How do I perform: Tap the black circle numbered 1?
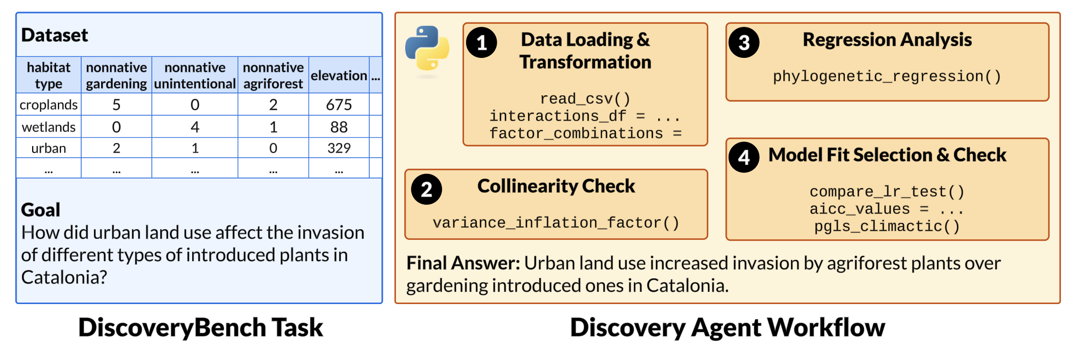[481, 43]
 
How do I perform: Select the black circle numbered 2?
[426, 189]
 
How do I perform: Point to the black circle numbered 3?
[744, 43]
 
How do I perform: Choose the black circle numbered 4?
[744, 157]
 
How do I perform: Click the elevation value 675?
[339, 105]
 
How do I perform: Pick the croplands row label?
[48, 105]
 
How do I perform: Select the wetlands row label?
[48, 127]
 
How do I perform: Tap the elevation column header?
[339, 75]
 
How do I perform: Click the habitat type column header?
[48, 75]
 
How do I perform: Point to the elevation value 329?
[339, 148]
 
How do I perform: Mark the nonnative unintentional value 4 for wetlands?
[195, 127]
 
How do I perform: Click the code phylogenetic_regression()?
[887, 76]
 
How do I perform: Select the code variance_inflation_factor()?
[555, 223]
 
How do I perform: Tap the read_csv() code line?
[585, 99]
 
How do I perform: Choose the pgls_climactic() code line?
[887, 226]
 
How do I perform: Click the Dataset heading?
[54, 35]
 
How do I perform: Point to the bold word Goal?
[40, 210]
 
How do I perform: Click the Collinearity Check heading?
[555, 186]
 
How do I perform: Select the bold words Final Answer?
[463, 263]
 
